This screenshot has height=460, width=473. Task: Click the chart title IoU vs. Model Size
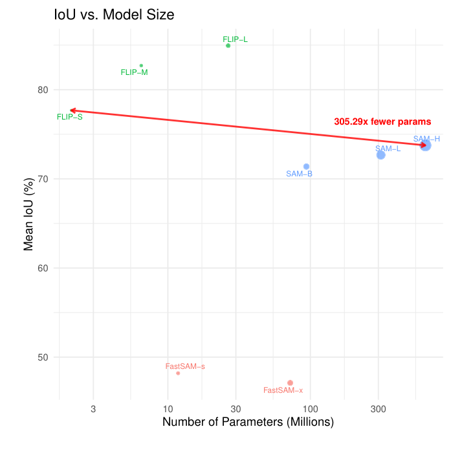114,14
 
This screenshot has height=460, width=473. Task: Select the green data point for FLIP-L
228,45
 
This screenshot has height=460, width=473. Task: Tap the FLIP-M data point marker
141,65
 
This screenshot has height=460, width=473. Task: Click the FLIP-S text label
70,117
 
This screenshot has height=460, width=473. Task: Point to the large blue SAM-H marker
425,145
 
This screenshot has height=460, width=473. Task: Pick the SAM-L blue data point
380,155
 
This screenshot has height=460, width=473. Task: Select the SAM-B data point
306,167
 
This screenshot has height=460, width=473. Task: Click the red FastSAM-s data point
178,373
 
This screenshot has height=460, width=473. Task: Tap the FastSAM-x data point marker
290,383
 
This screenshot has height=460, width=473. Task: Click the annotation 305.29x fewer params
382,121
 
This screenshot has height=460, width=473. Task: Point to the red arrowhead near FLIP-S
72,110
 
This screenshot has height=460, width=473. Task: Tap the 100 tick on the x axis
311,409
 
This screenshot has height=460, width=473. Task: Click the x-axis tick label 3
93,409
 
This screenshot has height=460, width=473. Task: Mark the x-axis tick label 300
379,409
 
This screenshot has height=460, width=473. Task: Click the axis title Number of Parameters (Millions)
248,423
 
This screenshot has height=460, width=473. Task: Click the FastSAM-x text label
283,390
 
